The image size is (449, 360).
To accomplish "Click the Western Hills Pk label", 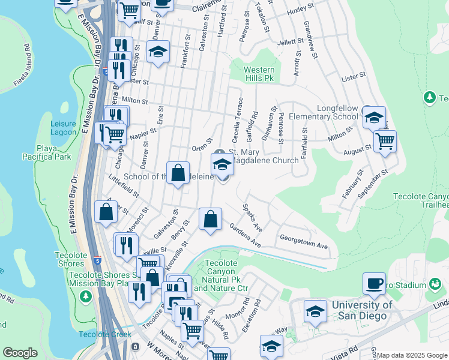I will point(259,74).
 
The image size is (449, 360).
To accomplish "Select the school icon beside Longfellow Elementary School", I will point(373,118).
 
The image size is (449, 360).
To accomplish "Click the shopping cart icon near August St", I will point(385,142).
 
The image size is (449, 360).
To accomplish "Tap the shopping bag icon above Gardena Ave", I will point(210,220).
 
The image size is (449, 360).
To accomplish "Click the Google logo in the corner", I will point(20,352).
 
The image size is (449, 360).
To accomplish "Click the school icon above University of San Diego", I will point(315,311).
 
